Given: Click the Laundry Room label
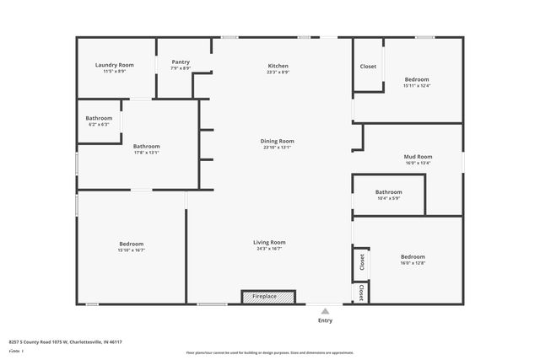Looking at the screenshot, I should [114, 65].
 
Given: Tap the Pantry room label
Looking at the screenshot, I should [181, 62].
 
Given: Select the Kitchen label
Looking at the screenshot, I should [278, 66].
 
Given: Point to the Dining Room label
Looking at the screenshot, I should [278, 141].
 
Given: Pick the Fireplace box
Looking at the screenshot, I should [268, 297].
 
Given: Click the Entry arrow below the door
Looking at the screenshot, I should [325, 309].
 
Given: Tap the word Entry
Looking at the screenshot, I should [325, 320].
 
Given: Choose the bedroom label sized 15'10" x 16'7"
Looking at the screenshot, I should [131, 244].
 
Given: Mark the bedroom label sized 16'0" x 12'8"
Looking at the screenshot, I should [413, 256].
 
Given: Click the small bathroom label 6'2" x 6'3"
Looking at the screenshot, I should [99, 118].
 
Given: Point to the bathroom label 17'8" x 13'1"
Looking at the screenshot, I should [146, 146].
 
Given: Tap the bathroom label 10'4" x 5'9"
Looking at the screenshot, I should [388, 191].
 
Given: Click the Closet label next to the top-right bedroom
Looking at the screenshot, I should [368, 66].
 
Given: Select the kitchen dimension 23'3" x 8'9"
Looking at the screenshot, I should [278, 73].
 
